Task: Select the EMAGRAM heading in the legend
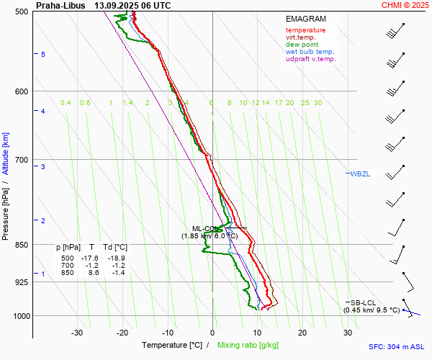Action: [x=306, y=19]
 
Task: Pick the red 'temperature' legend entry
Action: [x=305, y=30]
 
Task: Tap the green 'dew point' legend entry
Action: [x=302, y=45]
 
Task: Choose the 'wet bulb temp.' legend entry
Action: [x=310, y=52]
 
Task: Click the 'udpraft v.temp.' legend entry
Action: [x=310, y=59]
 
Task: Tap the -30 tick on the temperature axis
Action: [x=77, y=333]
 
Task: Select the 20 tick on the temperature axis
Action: [x=302, y=333]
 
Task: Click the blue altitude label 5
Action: [x=43, y=55]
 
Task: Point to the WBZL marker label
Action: [x=360, y=174]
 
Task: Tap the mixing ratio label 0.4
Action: [x=66, y=103]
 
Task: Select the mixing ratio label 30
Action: [x=318, y=103]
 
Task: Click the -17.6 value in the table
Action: [x=89, y=258]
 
